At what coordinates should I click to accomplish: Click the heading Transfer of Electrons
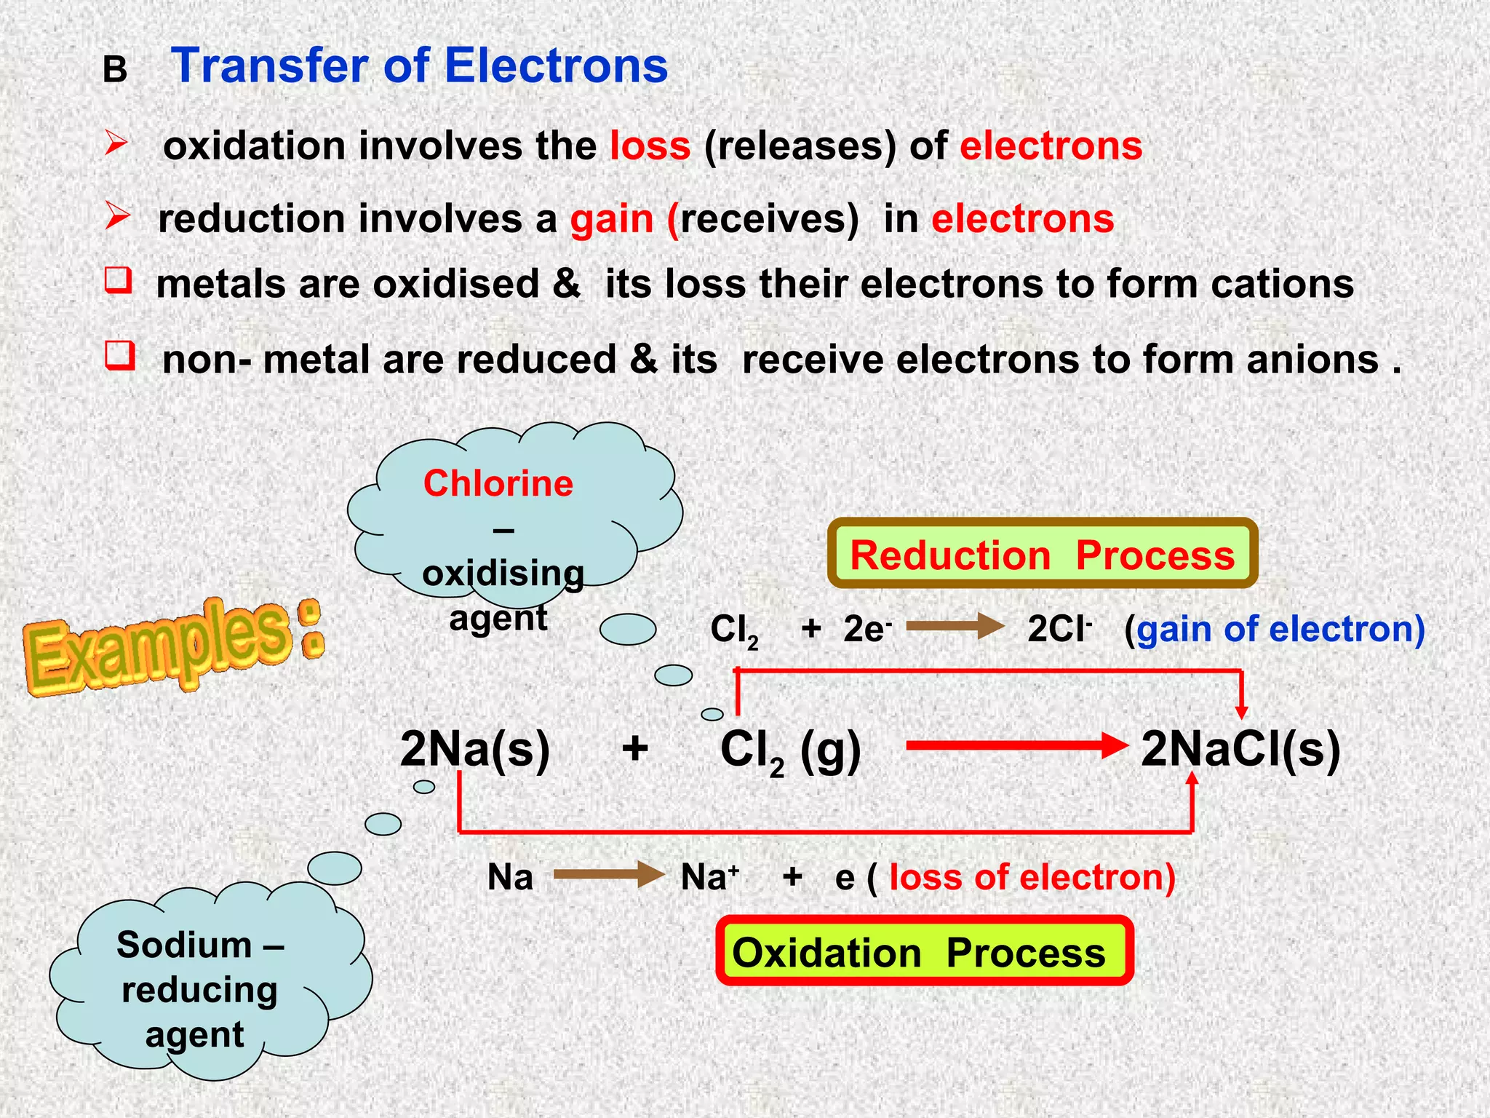(x=419, y=66)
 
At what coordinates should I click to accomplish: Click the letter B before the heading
(x=115, y=71)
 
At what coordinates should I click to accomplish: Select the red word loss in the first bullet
(x=650, y=146)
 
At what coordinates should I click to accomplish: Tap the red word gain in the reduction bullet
(x=612, y=219)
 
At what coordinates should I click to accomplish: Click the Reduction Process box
(x=1042, y=555)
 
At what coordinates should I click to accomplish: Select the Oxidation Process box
(x=924, y=952)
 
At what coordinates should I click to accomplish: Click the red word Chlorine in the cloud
(x=498, y=483)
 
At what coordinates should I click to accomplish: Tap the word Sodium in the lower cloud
(x=184, y=945)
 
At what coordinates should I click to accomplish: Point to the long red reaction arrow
(x=1015, y=745)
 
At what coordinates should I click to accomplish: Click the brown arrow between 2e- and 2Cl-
(x=955, y=626)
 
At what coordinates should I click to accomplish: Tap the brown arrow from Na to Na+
(x=608, y=875)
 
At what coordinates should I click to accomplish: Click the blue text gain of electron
(x=1280, y=629)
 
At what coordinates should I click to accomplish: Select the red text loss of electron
(x=1032, y=877)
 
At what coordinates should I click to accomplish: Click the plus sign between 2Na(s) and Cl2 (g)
(x=635, y=748)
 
